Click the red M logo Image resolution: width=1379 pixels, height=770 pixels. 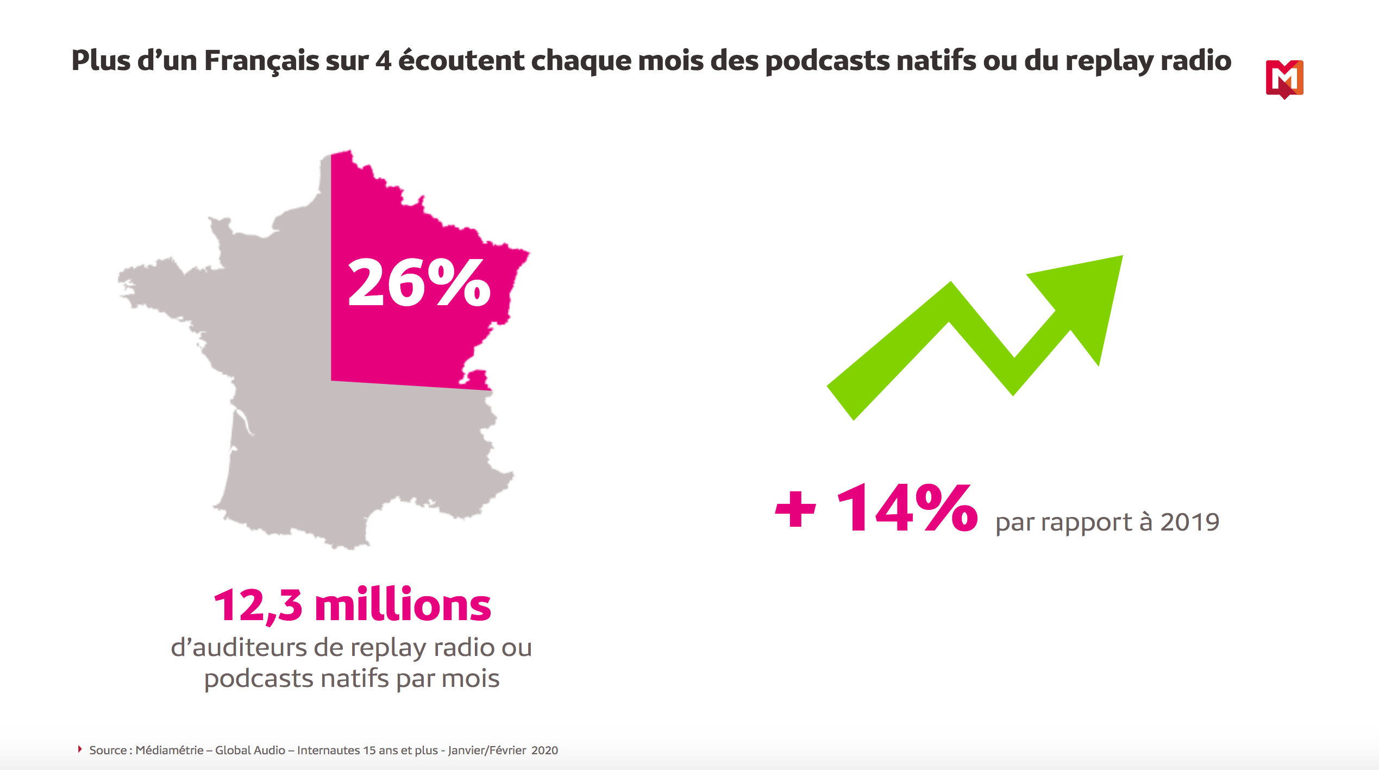[1284, 79]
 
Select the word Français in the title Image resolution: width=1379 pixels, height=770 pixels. [261, 61]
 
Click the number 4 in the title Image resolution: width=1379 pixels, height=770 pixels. [383, 61]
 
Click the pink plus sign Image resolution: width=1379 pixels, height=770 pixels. [795, 509]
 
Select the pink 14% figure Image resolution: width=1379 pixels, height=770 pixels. [907, 509]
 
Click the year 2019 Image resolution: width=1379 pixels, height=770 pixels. [1190, 522]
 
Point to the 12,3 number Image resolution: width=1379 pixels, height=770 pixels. [258, 605]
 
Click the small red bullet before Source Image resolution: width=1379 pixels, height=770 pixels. [80, 749]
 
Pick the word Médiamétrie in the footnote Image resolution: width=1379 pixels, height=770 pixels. [170, 750]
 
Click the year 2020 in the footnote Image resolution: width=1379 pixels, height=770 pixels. [544, 750]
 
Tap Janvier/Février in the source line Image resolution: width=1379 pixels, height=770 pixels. [487, 750]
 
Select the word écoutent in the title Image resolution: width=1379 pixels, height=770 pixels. [461, 61]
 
